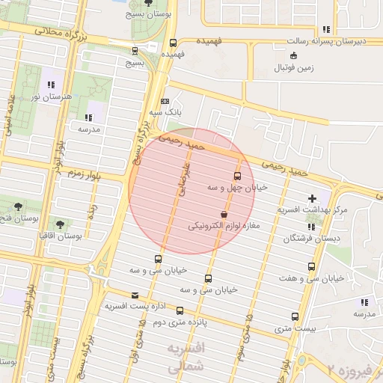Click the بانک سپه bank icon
point(165,101)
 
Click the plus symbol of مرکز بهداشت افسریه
point(312,198)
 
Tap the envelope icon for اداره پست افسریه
point(135,295)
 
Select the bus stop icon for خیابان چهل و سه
point(237,177)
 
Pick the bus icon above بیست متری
point(295,317)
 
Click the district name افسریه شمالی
point(184,358)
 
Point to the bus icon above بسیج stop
point(135,52)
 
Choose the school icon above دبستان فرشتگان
point(310,227)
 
